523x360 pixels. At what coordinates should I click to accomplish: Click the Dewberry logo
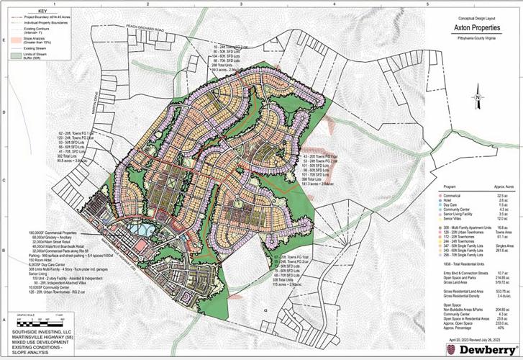click(x=476, y=348)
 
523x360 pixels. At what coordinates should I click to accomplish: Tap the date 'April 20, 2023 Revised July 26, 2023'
click(x=475, y=337)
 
